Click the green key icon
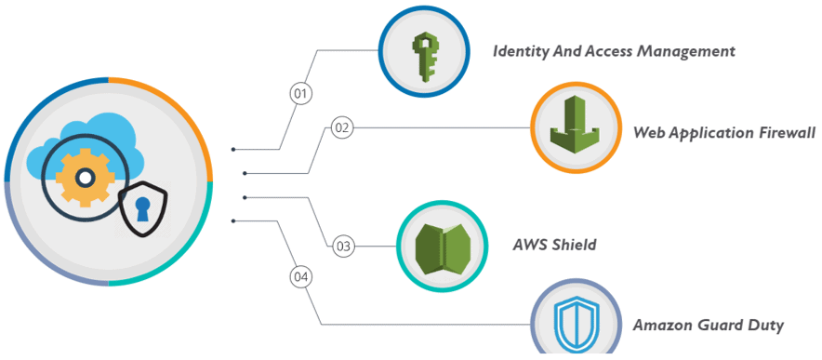[x=425, y=53]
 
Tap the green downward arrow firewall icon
[x=575, y=128]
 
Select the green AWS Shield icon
[x=442, y=247]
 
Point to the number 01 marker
[x=300, y=93]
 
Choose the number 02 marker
[x=342, y=127]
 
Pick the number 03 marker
[x=343, y=247]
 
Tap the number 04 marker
[x=300, y=277]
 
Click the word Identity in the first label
[x=522, y=51]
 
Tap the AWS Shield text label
[x=554, y=246]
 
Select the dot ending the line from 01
[x=233, y=149]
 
